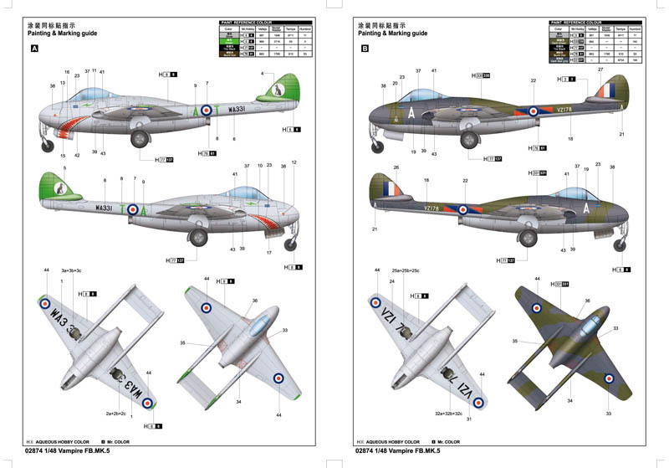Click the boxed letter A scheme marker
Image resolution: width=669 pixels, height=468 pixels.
pos(34,49)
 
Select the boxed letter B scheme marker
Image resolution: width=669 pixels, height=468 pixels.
pos(364,49)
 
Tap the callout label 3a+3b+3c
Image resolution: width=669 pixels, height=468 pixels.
pos(71,271)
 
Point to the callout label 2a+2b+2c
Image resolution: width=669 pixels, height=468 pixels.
pos(115,414)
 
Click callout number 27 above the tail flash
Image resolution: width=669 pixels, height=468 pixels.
pos(600,70)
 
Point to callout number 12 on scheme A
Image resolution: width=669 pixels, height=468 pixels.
pos(294,162)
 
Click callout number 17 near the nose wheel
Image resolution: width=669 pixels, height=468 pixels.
pos(268,252)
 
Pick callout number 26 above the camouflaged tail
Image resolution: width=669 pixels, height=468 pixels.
pos(396,167)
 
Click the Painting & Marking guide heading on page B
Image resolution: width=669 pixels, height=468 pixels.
pos(392,33)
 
